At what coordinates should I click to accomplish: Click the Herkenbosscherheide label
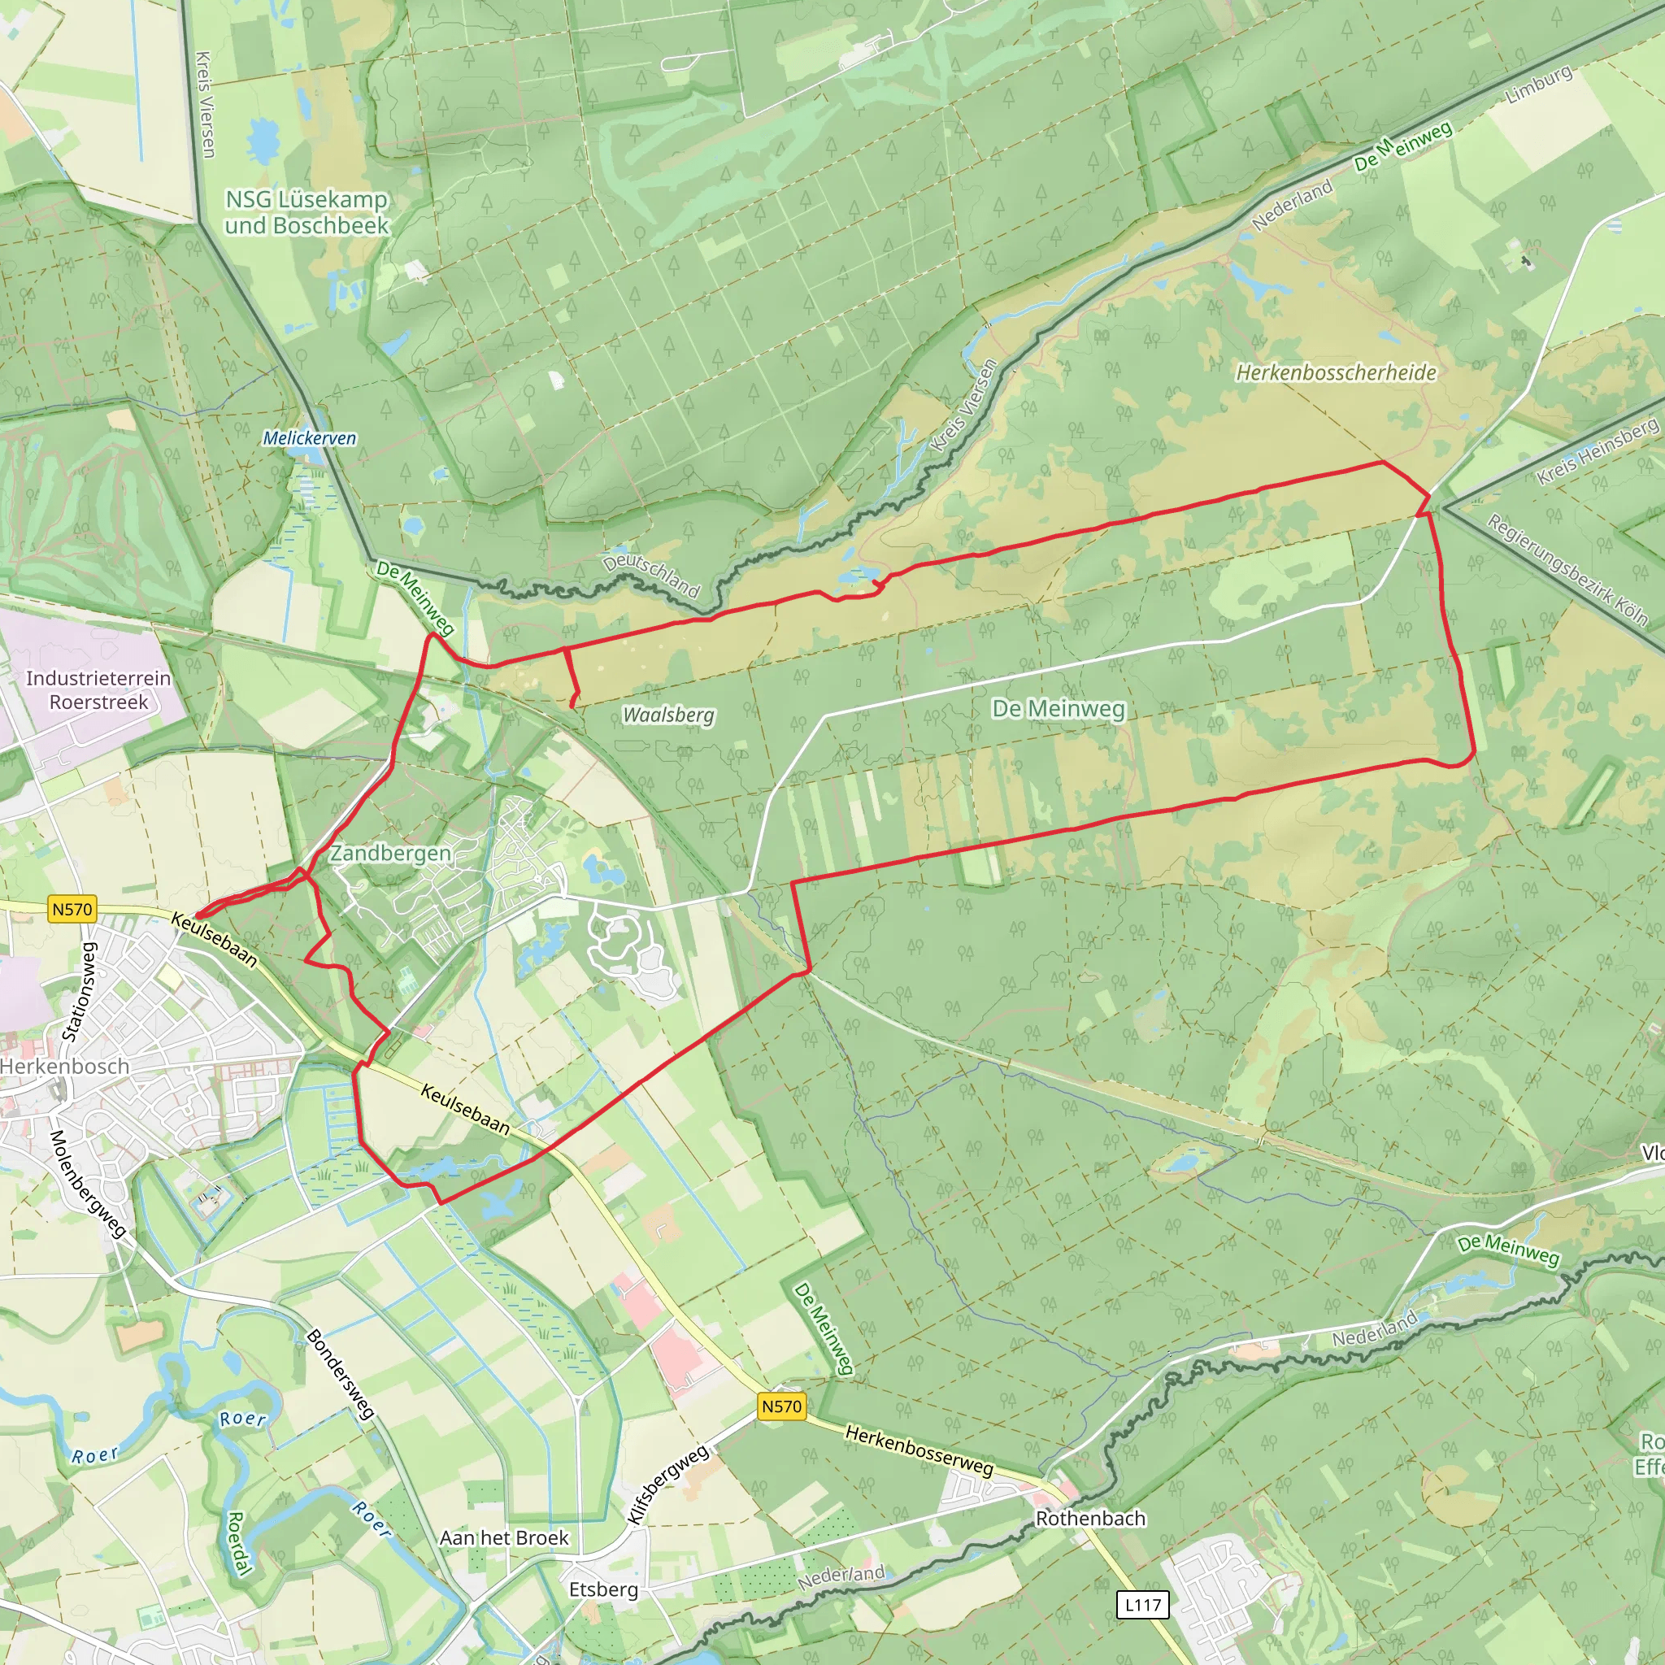tap(1336, 372)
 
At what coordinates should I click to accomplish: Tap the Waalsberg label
tap(669, 715)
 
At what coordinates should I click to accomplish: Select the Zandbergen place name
tap(390, 853)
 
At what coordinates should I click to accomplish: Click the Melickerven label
tap(310, 438)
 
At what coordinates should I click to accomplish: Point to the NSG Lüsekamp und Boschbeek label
tap(306, 212)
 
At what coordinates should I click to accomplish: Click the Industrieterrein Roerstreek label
tap(98, 690)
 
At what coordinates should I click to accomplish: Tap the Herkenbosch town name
tap(65, 1067)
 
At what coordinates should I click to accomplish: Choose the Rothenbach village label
tap(1090, 1519)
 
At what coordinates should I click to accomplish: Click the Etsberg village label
tap(603, 1589)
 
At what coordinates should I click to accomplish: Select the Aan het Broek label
tap(504, 1537)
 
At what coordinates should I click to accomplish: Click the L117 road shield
tap(1143, 1605)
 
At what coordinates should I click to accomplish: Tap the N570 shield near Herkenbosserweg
tap(781, 1406)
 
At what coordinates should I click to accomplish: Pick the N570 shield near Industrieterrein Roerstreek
tap(72, 909)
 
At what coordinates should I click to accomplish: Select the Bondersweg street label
tap(341, 1375)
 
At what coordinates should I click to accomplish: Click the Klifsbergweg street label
tap(668, 1484)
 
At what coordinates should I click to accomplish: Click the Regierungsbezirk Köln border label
tap(1567, 570)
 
